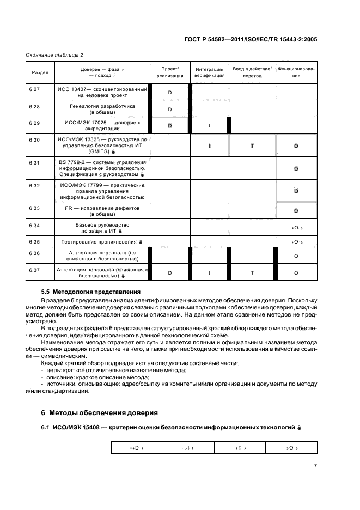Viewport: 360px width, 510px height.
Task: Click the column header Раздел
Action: (x=40, y=72)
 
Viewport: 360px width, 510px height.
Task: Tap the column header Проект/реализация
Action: (x=169, y=72)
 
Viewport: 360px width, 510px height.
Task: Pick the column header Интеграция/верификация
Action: (x=209, y=72)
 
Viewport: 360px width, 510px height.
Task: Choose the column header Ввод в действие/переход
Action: (x=252, y=72)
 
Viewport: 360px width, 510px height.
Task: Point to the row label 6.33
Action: (x=34, y=208)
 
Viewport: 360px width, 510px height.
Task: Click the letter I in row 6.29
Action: (x=209, y=126)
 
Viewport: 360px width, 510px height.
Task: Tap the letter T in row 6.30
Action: (x=252, y=147)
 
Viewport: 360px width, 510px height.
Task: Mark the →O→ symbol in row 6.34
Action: (x=296, y=227)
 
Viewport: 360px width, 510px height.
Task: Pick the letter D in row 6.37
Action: (x=169, y=272)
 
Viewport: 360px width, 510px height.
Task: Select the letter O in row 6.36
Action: (x=296, y=255)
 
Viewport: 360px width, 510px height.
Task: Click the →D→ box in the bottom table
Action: (x=137, y=447)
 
